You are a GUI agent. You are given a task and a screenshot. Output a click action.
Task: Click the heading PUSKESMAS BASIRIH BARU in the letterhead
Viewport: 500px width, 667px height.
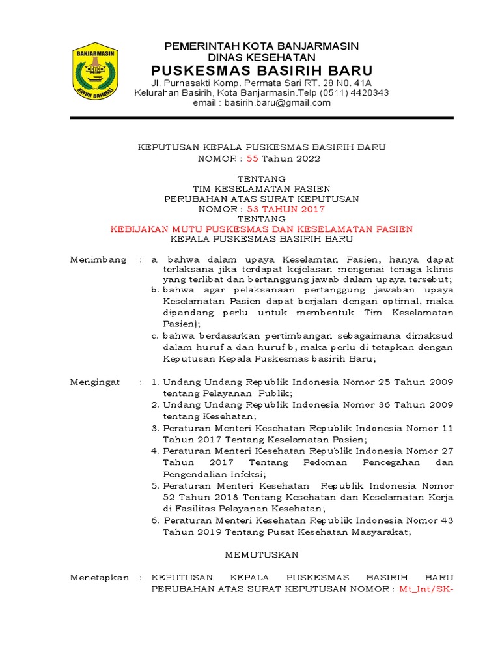(262, 70)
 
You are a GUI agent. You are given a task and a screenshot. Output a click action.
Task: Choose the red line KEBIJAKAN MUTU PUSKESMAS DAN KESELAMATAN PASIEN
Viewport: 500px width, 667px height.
(262, 229)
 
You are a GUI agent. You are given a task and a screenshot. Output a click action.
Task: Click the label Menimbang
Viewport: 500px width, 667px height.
(98, 259)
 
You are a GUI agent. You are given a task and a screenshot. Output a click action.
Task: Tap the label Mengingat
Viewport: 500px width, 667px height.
(95, 382)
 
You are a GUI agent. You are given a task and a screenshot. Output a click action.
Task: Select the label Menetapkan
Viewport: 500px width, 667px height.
(100, 577)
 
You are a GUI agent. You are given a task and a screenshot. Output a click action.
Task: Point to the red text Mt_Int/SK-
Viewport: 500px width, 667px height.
(426, 589)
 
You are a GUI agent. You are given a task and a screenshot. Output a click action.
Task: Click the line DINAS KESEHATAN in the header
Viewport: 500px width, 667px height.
(262, 57)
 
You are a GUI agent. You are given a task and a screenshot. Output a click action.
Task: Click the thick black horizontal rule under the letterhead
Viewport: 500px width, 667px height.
(262, 118)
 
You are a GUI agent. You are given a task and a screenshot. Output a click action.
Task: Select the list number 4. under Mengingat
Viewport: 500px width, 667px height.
(155, 451)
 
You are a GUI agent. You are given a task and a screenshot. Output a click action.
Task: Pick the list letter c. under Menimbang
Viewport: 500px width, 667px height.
(155, 335)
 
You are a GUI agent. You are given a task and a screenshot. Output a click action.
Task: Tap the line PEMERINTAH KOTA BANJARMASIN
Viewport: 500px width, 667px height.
(262, 46)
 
